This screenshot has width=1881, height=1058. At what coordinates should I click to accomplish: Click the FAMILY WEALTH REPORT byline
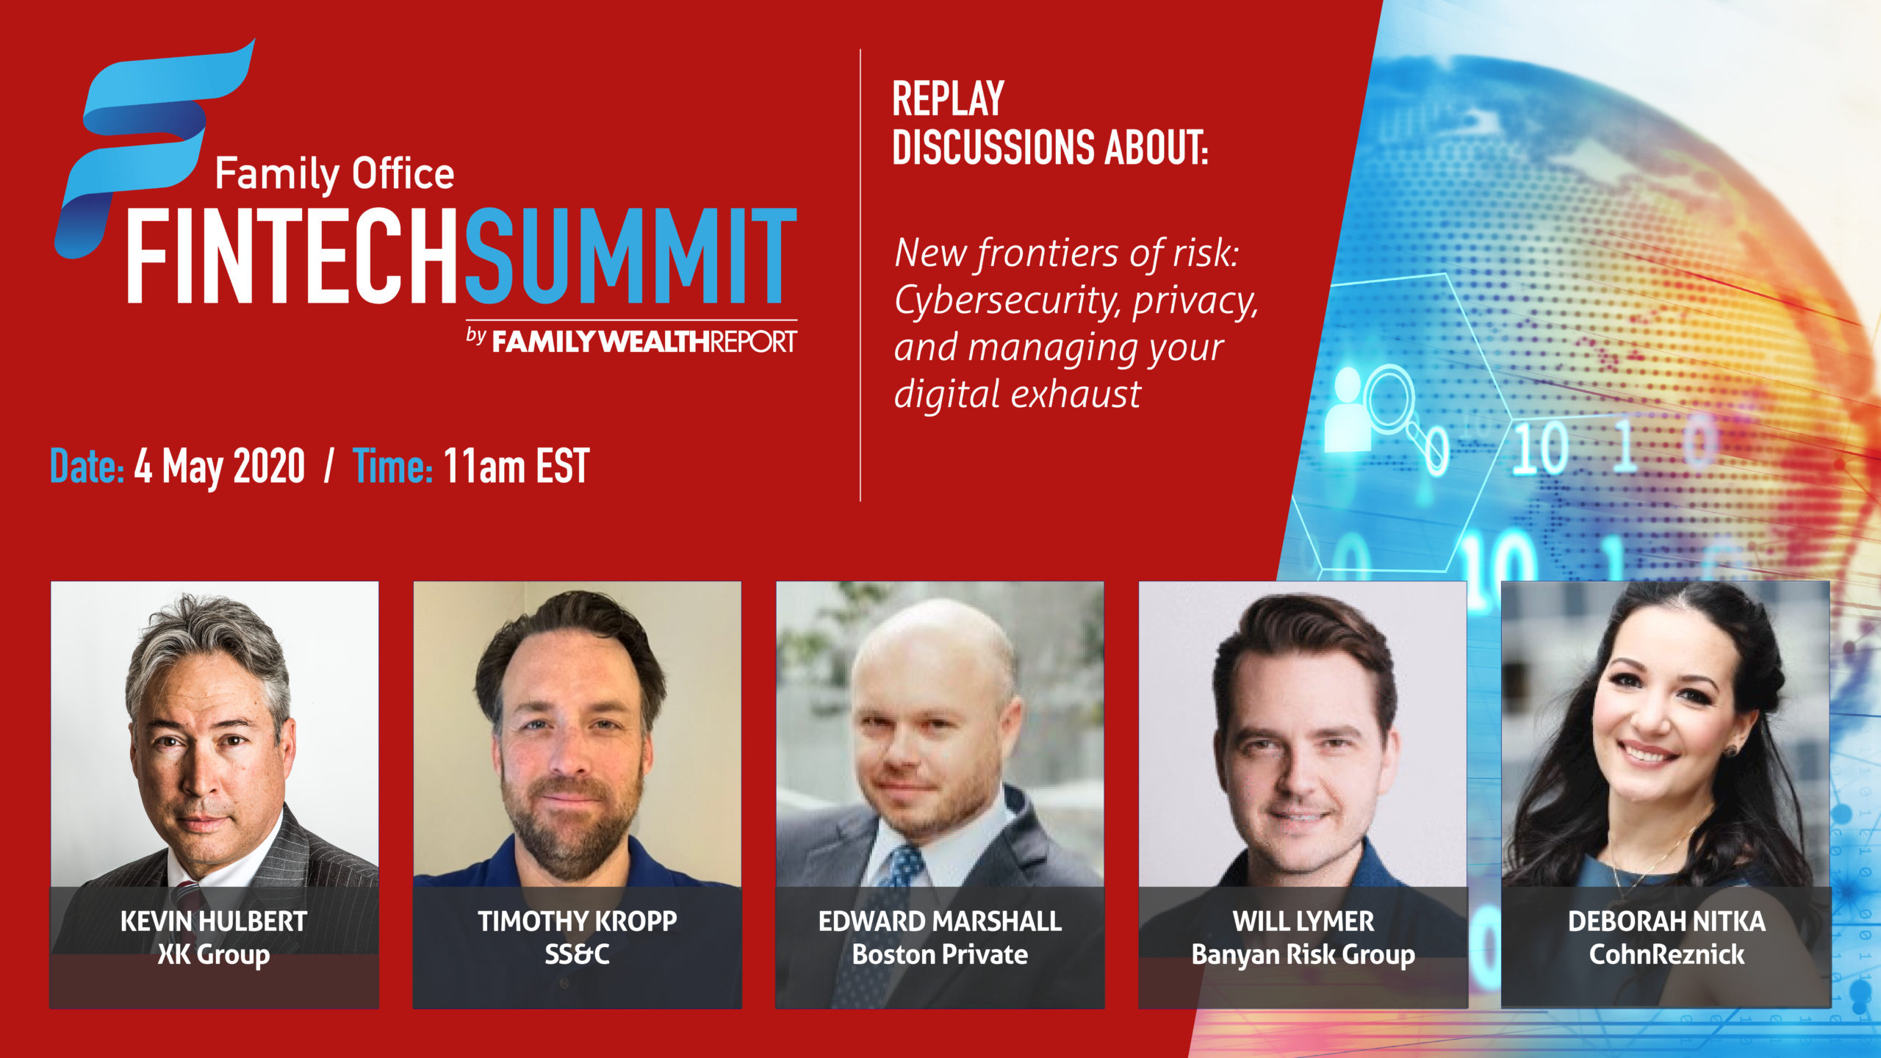coord(632,340)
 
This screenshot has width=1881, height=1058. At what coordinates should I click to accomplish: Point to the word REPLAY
coord(948,99)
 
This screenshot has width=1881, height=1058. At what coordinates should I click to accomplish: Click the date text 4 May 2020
coord(219,466)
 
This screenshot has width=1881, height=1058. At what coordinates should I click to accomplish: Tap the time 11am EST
coord(517,466)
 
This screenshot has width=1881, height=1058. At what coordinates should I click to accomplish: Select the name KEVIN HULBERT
coord(214,921)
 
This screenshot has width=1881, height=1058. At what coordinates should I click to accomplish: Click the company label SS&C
coord(577,954)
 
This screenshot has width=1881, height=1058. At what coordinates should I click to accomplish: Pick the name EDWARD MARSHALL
coord(940,921)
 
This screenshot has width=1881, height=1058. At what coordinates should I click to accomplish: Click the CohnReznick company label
coord(1666,954)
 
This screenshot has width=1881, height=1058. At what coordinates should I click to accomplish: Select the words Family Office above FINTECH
coord(334,175)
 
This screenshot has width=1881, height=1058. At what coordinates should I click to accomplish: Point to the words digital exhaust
coord(1018,394)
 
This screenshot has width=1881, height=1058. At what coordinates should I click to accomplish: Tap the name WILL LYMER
coord(1303,921)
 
